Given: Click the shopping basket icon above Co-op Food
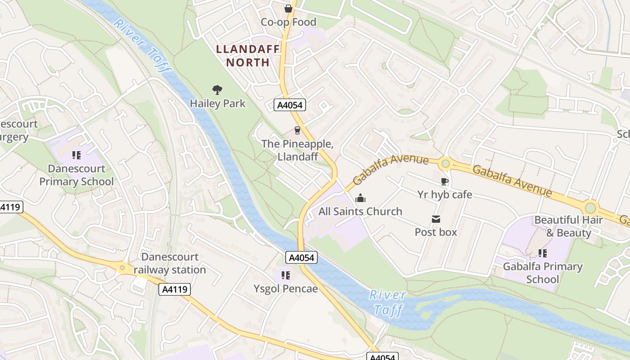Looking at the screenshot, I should (288, 9).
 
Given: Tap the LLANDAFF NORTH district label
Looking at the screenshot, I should (247, 55).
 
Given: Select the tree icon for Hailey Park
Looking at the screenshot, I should (217, 90).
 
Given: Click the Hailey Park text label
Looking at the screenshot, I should (218, 103).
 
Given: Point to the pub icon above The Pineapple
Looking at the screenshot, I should (297, 130).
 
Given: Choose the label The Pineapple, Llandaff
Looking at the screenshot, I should (297, 150).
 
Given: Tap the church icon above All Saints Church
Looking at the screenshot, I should (360, 198).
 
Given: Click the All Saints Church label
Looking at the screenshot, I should (360, 211).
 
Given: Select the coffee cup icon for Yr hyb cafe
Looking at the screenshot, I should (445, 181).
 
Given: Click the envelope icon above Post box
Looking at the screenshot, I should (436, 219).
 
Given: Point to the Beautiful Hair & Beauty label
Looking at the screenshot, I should (568, 226).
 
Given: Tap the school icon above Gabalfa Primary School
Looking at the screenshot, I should (543, 253).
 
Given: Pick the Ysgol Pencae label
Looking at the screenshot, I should (285, 288).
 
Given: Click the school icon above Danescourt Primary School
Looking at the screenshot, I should (76, 155).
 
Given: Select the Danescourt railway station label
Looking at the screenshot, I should (170, 263).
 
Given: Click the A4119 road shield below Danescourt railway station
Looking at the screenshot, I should (175, 289).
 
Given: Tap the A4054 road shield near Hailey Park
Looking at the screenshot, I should (290, 105).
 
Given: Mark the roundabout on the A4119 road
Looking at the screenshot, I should (122, 269).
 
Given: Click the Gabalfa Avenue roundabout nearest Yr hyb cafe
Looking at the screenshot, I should (445, 163).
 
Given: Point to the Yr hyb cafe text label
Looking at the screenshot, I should (445, 194).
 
